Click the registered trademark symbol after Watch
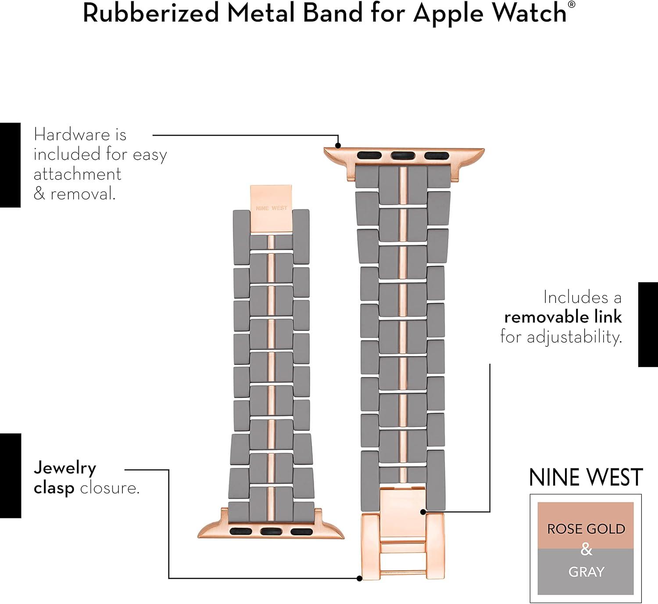pos(572,5)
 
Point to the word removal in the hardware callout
pos(82,194)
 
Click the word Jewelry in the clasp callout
pos(65,468)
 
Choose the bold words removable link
pos(563,317)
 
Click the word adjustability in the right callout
pos(574,337)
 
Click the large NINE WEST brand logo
pos(586,478)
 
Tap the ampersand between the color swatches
pos(586,549)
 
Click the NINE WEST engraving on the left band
pos(272,208)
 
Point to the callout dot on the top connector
pos(338,146)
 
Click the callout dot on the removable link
pos(422,512)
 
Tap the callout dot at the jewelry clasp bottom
pos(359,578)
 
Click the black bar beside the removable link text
pos(648,324)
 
